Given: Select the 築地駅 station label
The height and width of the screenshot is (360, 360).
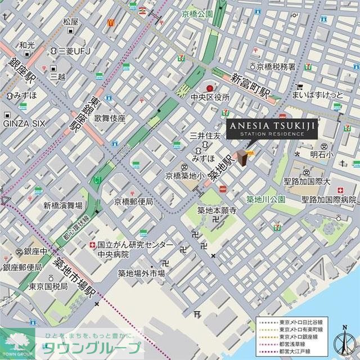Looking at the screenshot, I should (219, 163).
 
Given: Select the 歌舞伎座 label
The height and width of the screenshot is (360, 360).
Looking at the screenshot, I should (110, 119).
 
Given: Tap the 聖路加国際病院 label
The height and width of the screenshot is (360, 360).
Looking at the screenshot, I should (330, 200).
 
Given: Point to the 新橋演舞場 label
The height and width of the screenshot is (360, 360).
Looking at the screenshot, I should (63, 206).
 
